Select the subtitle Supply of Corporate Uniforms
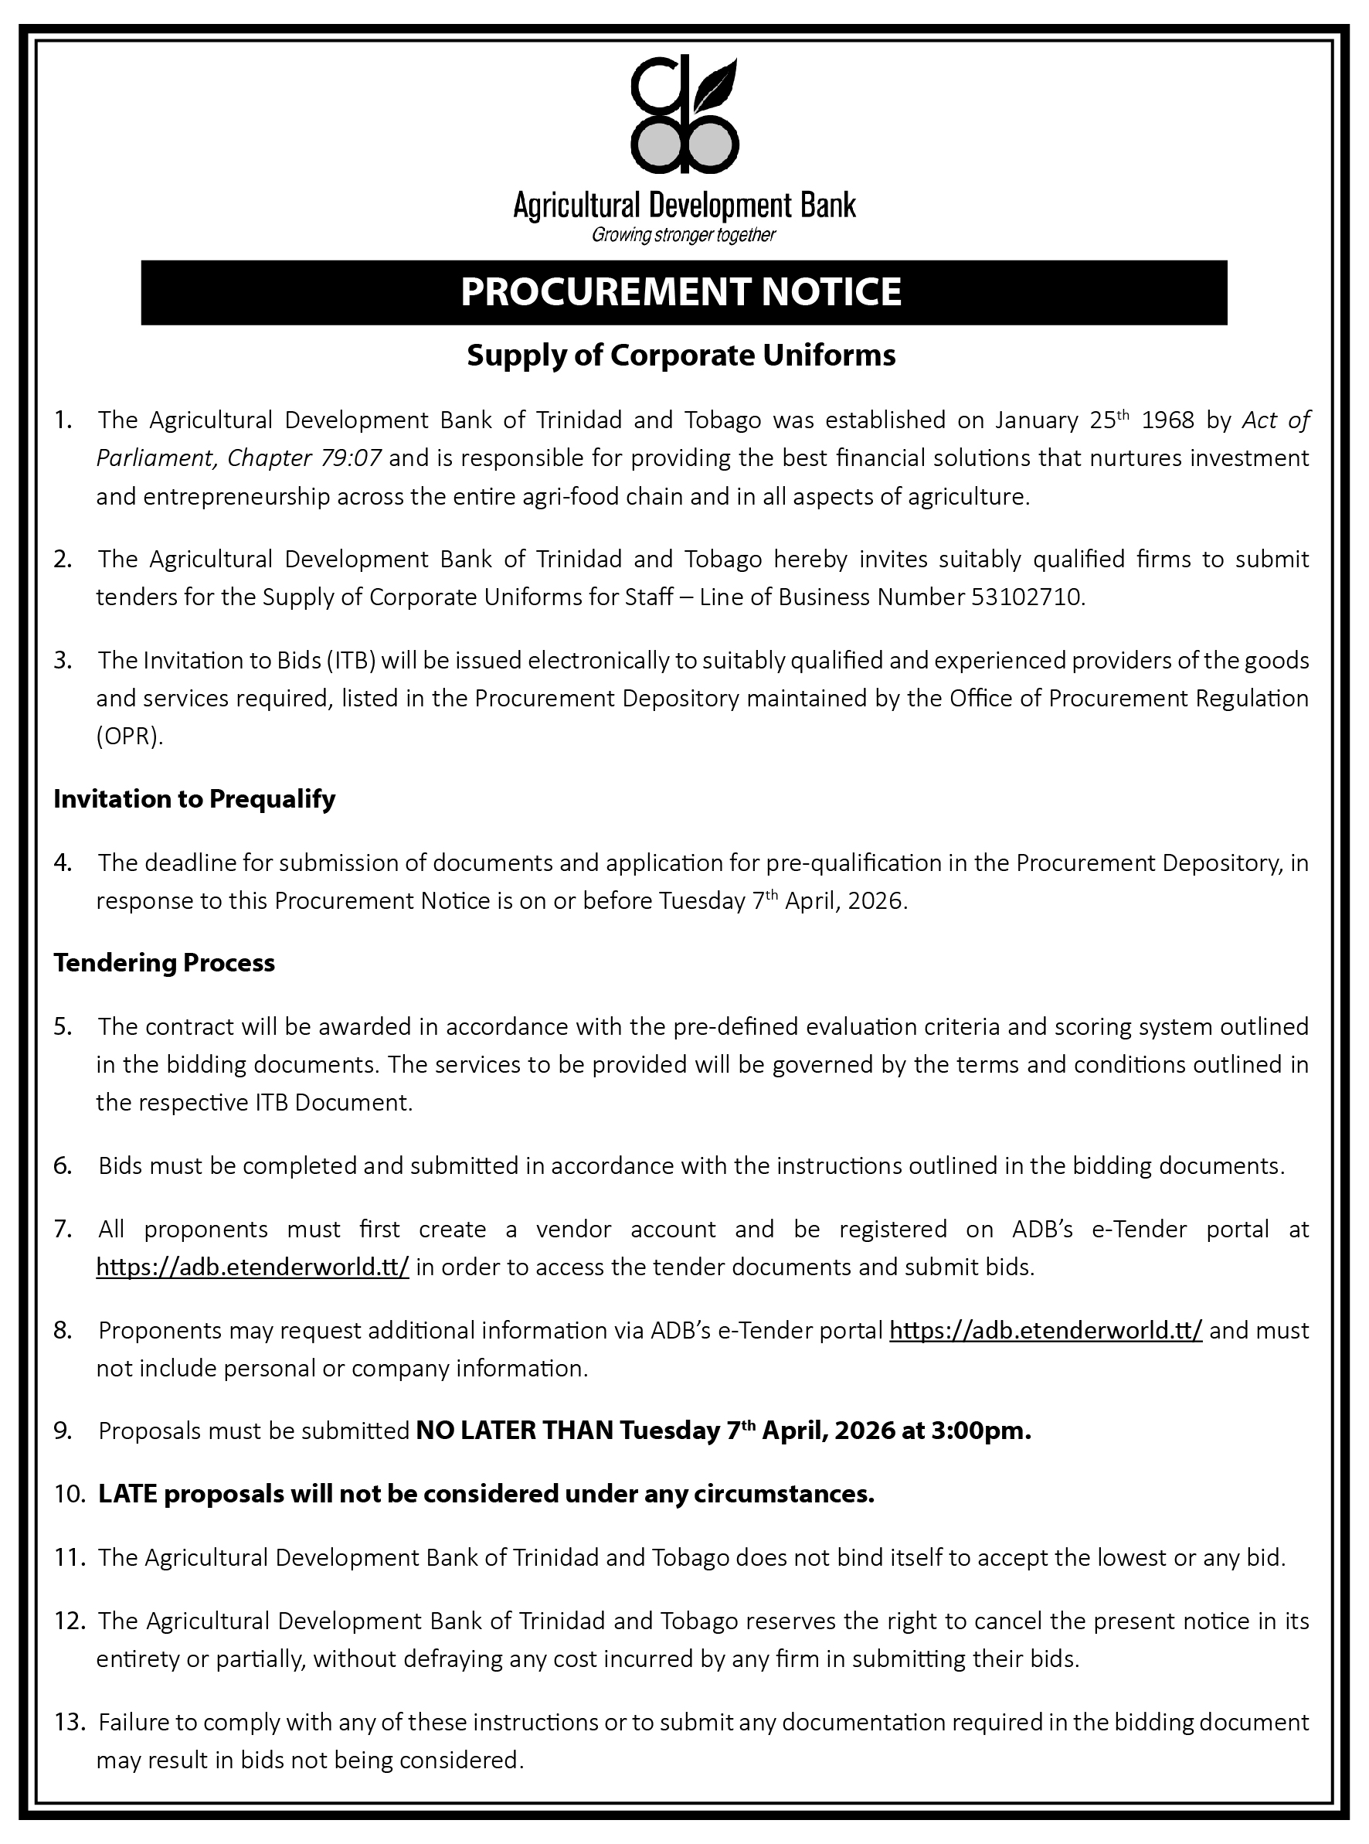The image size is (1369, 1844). tap(681, 356)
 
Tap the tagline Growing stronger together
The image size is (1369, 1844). tap(683, 236)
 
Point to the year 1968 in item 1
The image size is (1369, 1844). tap(1167, 420)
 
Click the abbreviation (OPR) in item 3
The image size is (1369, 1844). tap(129, 737)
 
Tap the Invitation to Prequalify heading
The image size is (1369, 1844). tap(194, 799)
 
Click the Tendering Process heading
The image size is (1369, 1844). tap(164, 963)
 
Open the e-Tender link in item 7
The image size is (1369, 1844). tap(252, 1267)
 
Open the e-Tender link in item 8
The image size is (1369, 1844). tap(1045, 1331)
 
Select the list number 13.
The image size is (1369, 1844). tap(70, 1722)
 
